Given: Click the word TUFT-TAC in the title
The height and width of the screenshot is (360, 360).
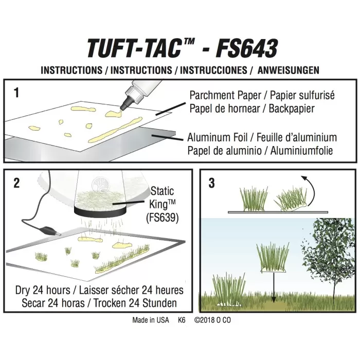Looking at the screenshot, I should click(x=133, y=48).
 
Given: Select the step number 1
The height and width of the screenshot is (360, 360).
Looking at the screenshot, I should click(x=17, y=93).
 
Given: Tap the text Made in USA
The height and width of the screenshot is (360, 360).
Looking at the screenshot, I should click(x=150, y=319).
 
